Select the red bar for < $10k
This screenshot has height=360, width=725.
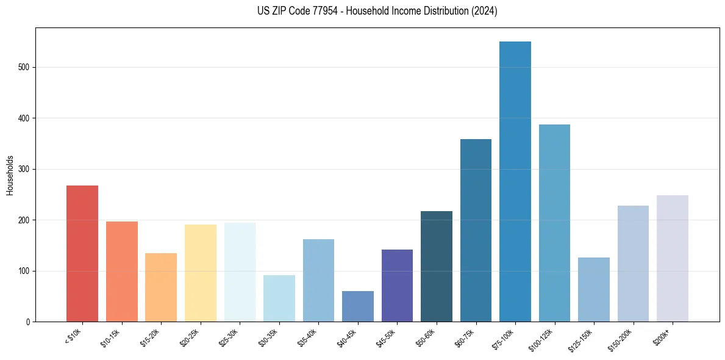82,253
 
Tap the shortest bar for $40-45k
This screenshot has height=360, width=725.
358,306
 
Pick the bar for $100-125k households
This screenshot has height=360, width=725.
554,223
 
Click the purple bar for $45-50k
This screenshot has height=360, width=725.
397,286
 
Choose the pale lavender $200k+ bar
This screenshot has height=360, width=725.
673,258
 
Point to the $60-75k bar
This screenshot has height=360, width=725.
476,230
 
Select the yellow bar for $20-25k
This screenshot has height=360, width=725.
201,273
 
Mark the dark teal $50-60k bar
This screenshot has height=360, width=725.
437,266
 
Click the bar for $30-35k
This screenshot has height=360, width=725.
279,298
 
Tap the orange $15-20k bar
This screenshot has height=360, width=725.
161,287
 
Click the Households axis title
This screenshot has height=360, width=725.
10,175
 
